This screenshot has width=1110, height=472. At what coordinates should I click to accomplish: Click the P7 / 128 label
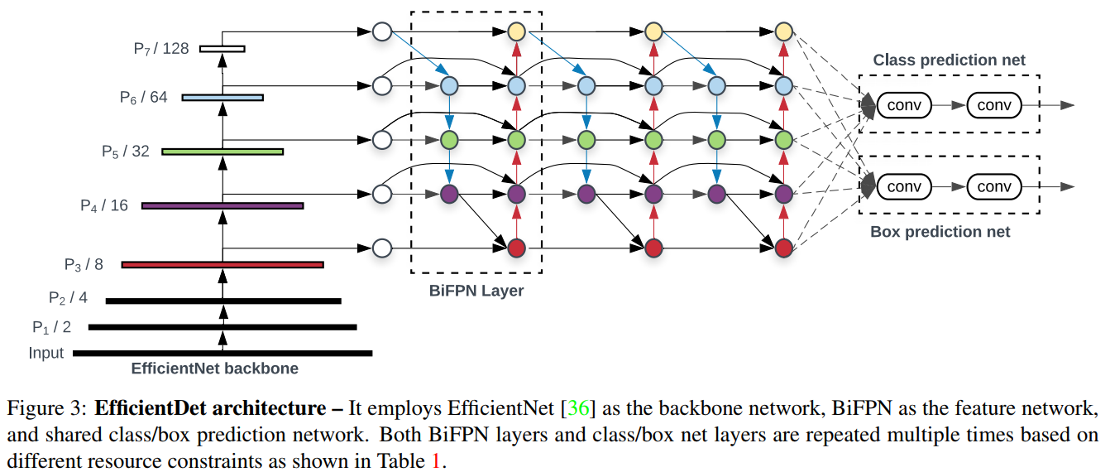pyautogui.click(x=161, y=49)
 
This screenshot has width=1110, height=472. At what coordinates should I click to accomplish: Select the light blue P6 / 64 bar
pyautogui.click(x=222, y=98)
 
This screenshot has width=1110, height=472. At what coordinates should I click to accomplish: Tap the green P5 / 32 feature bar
pyautogui.click(x=222, y=152)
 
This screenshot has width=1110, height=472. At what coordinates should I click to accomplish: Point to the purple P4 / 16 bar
pyautogui.click(x=222, y=205)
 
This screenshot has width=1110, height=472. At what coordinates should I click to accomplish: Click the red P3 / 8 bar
pyautogui.click(x=222, y=265)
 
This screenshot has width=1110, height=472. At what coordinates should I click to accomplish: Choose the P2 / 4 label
pyautogui.click(x=68, y=297)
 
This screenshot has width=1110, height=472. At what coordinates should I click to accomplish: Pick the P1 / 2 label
pyautogui.click(x=52, y=327)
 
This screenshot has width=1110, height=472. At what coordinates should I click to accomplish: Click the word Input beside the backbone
pyautogui.click(x=46, y=354)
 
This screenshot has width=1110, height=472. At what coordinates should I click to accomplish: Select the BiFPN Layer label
pyautogui.click(x=476, y=291)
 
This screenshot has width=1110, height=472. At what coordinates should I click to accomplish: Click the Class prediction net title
pyautogui.click(x=950, y=60)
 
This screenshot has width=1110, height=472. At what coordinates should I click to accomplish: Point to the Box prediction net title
pyautogui.click(x=940, y=233)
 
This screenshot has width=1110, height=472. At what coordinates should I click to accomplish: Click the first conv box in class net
pyautogui.click(x=904, y=105)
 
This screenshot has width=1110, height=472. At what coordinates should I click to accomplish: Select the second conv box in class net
pyautogui.click(x=994, y=105)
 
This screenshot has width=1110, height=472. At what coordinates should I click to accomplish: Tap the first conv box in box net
pyautogui.click(x=904, y=186)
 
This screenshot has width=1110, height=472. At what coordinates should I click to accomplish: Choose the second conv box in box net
pyautogui.click(x=994, y=186)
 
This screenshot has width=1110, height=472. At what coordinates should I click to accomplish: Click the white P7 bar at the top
pyautogui.click(x=222, y=49)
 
